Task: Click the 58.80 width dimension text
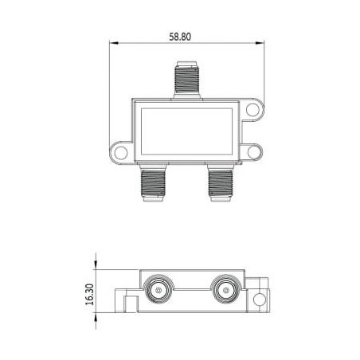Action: [x=181, y=36]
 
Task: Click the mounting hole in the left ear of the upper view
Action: [x=118, y=150]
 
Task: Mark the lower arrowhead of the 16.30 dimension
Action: [x=98, y=312]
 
